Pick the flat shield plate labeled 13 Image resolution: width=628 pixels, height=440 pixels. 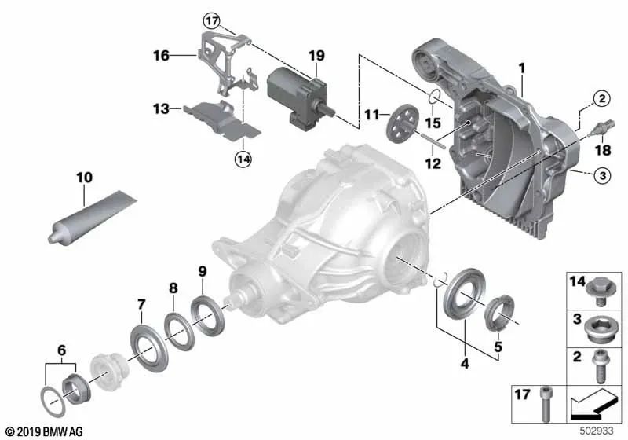tap(216, 118)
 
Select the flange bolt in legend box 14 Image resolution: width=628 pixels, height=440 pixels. tap(603, 288)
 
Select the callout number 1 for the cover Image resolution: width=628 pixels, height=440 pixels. tap(520, 70)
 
